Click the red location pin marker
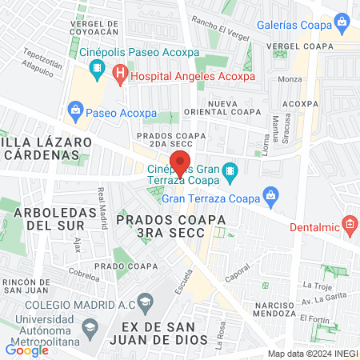(181, 162)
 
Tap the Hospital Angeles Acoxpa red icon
(120, 77)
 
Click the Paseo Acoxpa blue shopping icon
(76, 109)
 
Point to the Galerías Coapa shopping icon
(342, 22)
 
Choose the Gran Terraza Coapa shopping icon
(271, 195)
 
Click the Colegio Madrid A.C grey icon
(144, 302)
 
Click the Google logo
(27, 350)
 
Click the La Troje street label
(317, 285)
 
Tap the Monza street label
(290, 80)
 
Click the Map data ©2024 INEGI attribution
(312, 353)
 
